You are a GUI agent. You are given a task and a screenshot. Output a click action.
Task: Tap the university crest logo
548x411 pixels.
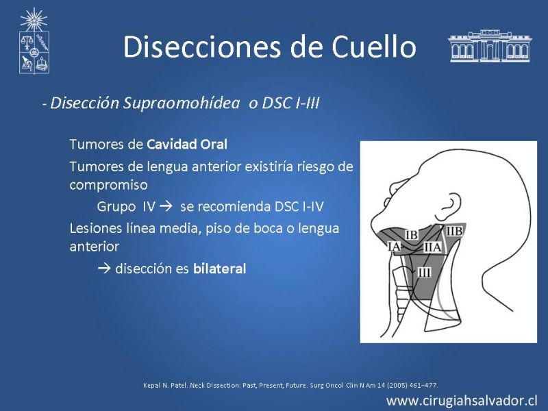point(34,41)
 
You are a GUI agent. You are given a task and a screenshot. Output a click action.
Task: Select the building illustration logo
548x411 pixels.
point(490,46)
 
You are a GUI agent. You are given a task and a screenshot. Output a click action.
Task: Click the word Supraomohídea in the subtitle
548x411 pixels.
point(182,103)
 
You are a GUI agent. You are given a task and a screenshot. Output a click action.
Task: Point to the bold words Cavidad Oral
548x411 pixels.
point(187,145)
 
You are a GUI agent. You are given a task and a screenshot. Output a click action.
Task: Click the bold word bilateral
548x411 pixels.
point(219,269)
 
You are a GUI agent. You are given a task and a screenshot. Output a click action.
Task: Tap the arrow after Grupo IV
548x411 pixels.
point(166,206)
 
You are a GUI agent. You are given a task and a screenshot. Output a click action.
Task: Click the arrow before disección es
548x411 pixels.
point(104,269)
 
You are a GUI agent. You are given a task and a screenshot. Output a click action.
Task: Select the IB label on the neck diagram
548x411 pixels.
point(412,235)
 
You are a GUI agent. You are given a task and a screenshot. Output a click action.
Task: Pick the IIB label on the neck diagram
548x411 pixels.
point(454,231)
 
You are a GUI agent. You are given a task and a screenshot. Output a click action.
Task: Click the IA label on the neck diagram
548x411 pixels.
point(395,247)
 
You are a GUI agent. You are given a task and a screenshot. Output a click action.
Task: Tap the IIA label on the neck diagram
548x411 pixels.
point(433,247)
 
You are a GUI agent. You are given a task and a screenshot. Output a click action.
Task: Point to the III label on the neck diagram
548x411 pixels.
point(424,272)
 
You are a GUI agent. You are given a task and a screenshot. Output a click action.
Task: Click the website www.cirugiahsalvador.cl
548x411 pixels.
point(462,401)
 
